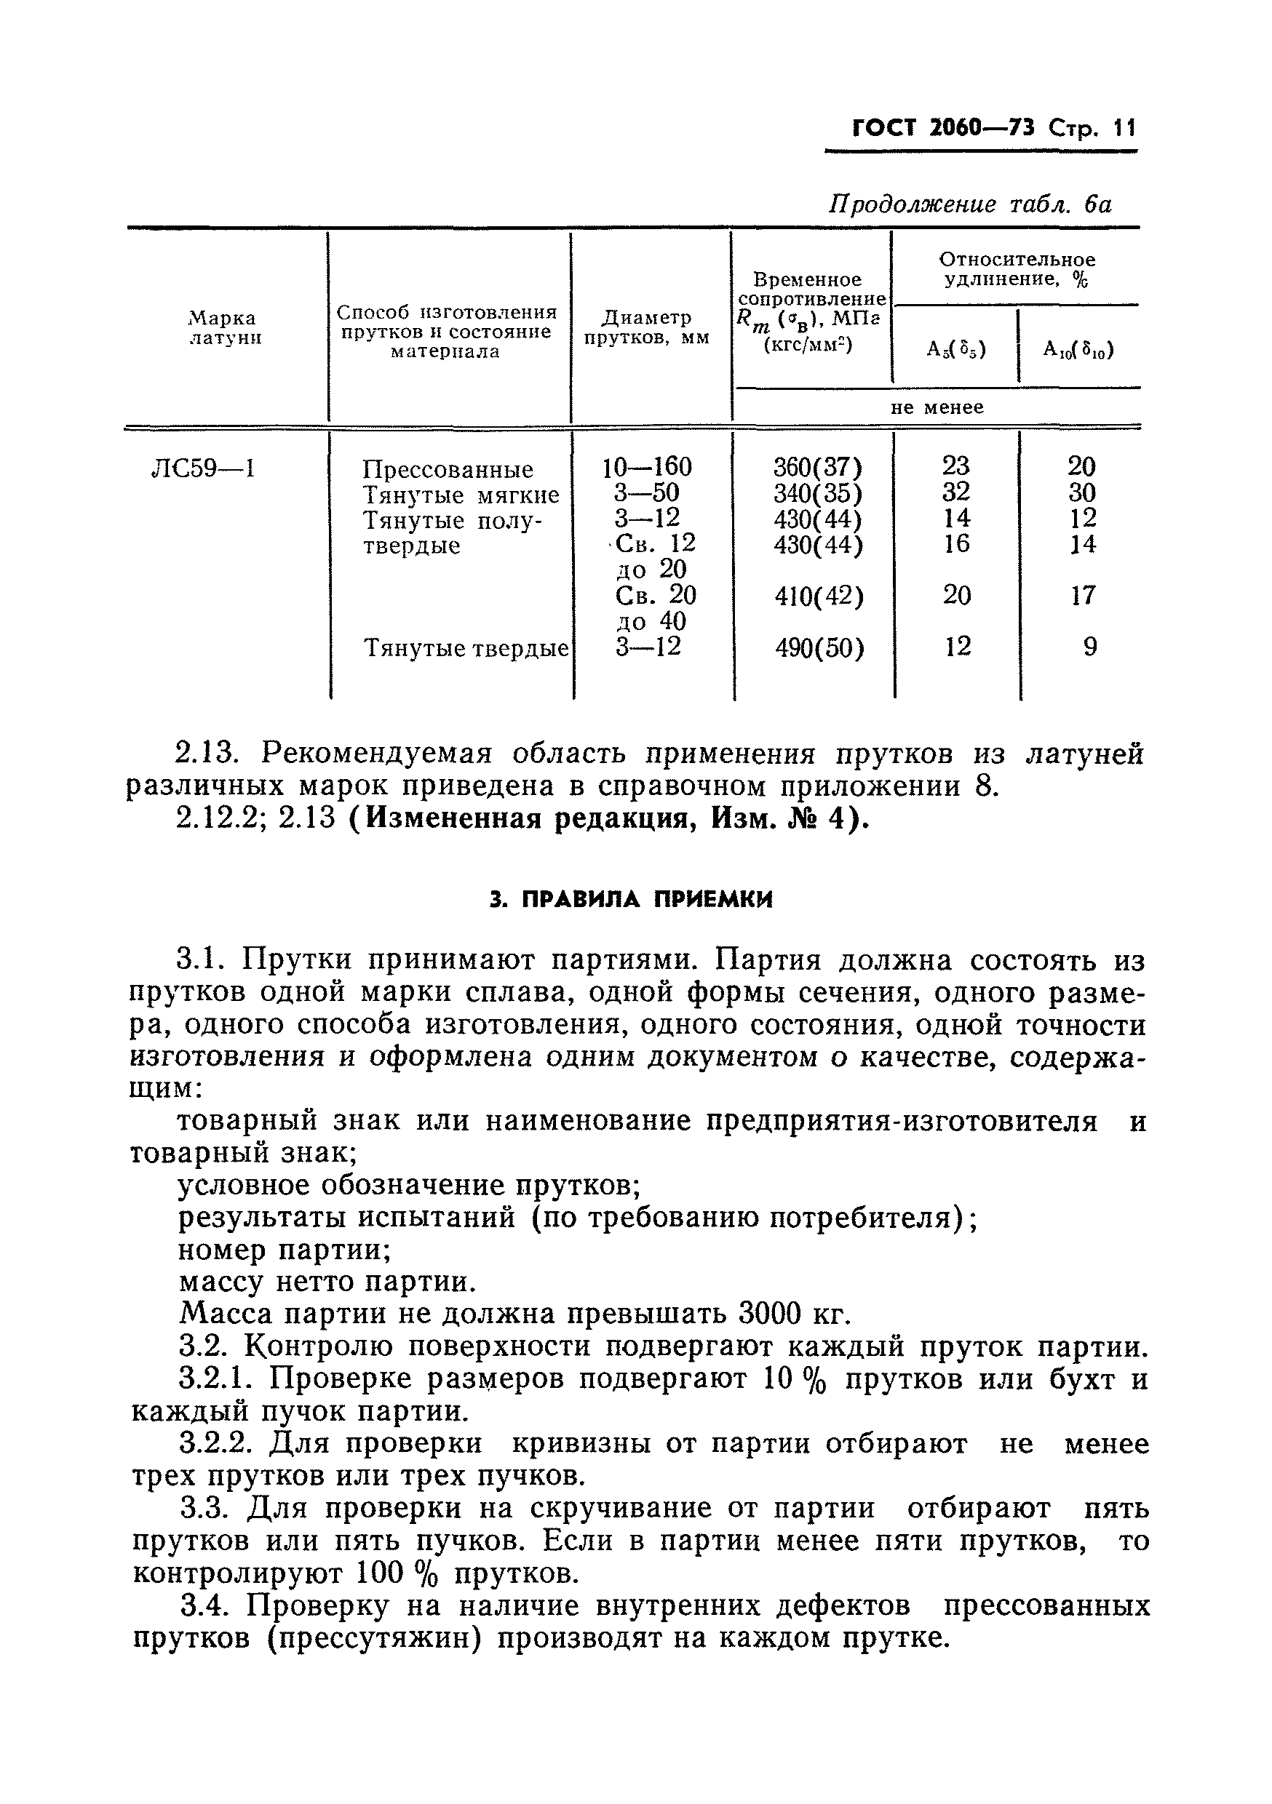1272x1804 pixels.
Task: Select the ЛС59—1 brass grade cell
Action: pos(203,469)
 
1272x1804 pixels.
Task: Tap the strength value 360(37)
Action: pos(818,468)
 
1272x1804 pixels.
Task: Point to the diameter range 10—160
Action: pos(647,468)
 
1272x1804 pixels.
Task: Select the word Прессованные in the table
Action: pos(448,470)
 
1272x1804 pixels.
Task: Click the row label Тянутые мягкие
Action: pos(461,495)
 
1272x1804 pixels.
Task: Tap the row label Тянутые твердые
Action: pos(466,648)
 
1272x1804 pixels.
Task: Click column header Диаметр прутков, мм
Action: pos(647,327)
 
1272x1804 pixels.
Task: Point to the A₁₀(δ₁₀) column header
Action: pos(1078,349)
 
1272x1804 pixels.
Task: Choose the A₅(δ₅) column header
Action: pos(956,349)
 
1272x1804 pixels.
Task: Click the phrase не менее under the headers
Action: pos(937,407)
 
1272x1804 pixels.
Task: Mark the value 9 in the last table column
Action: pos(1089,647)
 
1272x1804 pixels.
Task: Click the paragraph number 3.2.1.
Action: pos(218,1380)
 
